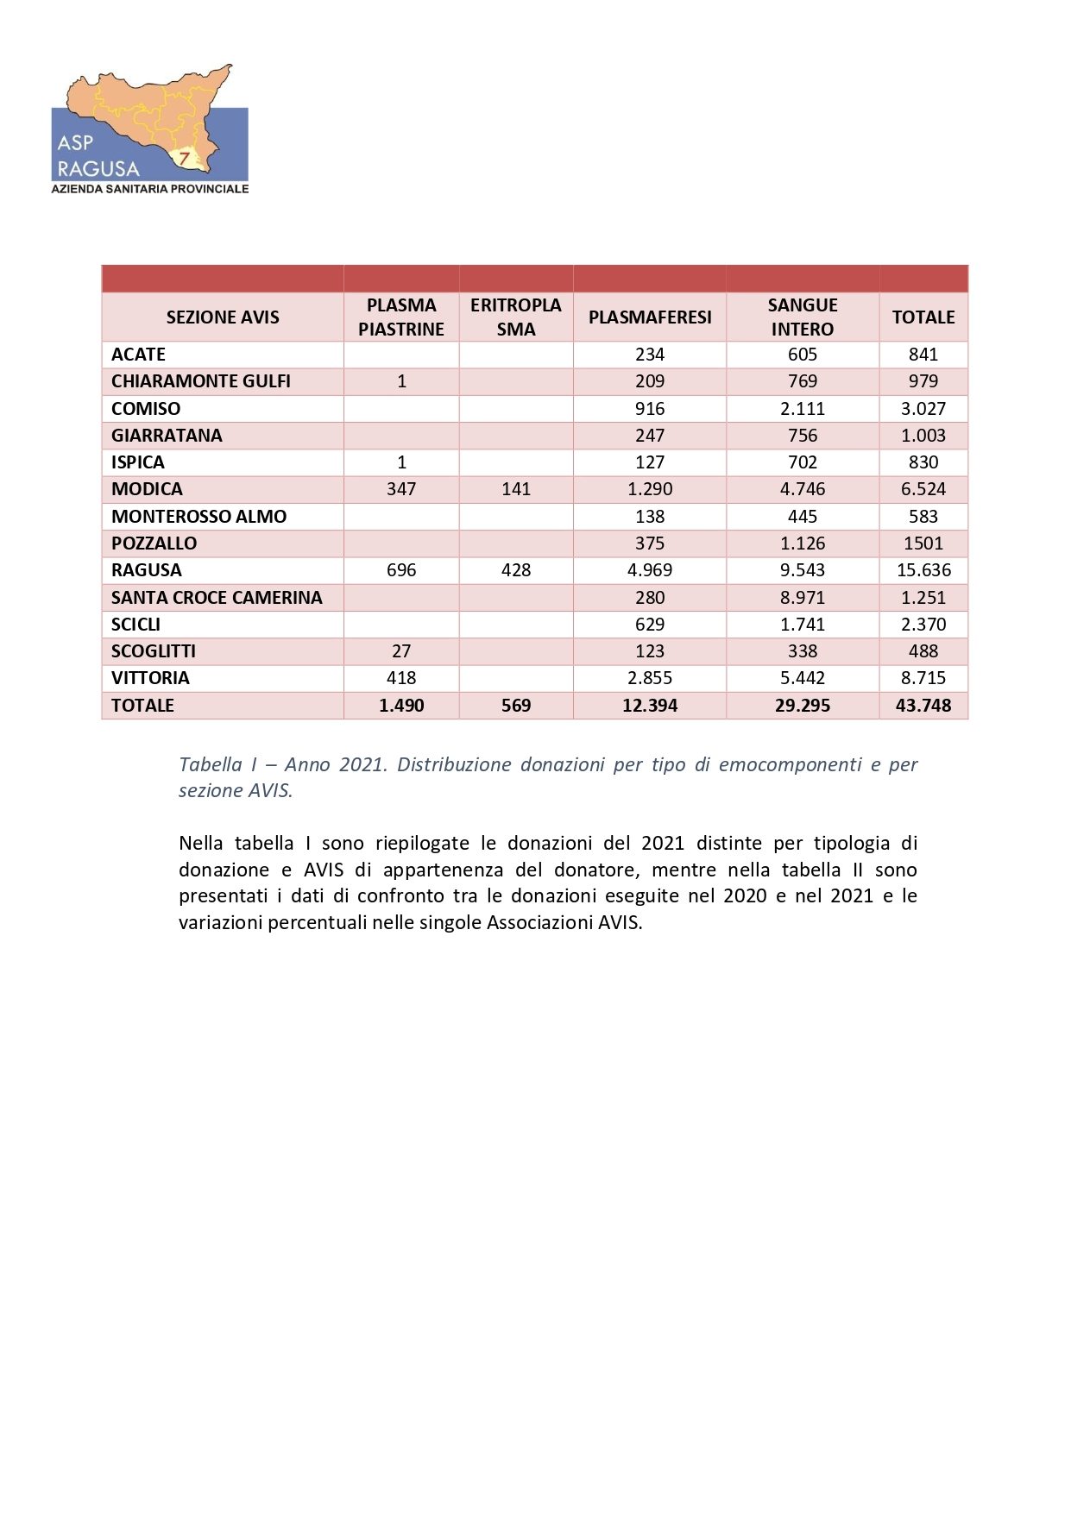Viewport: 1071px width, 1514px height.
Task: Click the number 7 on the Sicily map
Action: point(185,158)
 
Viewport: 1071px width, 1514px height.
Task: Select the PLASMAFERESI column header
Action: point(649,317)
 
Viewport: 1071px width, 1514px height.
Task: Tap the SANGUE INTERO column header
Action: point(802,317)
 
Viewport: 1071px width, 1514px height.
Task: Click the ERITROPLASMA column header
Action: point(515,317)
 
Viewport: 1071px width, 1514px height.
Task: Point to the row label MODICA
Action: point(147,489)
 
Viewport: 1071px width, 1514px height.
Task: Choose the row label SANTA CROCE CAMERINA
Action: point(217,597)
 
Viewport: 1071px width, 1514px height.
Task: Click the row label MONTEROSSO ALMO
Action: point(198,516)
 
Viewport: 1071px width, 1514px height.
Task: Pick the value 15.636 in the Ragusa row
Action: point(923,570)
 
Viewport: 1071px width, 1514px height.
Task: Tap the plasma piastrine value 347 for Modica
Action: point(401,489)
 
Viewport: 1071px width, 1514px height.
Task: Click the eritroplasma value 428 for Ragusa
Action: point(515,570)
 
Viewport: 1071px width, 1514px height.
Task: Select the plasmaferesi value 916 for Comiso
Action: point(649,408)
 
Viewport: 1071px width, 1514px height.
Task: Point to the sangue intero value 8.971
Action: point(802,597)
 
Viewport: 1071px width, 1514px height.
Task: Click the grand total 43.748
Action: point(923,706)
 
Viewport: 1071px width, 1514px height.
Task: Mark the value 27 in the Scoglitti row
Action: point(401,651)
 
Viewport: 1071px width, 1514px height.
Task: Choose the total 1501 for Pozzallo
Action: point(923,543)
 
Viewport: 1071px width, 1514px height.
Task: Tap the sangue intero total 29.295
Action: point(802,706)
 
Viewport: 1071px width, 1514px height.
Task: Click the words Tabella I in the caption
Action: point(217,764)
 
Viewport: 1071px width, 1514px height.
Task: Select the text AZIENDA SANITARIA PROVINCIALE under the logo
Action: point(150,189)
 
